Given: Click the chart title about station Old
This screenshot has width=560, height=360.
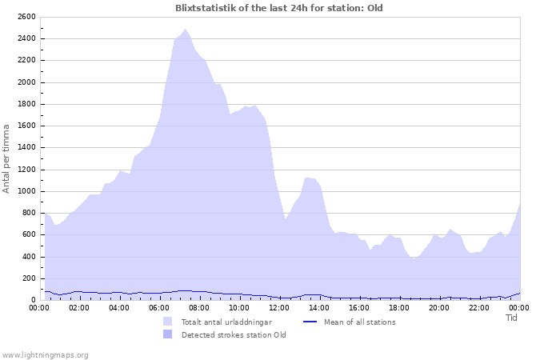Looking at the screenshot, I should pyautogui.click(x=279, y=8).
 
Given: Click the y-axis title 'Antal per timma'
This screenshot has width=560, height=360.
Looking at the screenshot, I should pyautogui.click(x=7, y=158).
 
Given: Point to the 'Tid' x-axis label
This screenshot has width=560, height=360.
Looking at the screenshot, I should pyautogui.click(x=512, y=318).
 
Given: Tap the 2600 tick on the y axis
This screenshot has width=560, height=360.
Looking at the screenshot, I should pyautogui.click(x=26, y=17).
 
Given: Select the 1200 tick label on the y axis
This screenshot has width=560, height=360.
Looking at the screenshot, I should pyautogui.click(x=26, y=170).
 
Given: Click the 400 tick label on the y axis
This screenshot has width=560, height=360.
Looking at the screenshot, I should pyautogui.click(x=29, y=257).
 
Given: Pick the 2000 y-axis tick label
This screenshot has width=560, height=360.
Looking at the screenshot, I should pyautogui.click(x=26, y=82).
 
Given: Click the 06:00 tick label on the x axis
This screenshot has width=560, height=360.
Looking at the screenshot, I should pyautogui.click(x=159, y=307).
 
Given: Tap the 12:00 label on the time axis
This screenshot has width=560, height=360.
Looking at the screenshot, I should pyautogui.click(x=279, y=307).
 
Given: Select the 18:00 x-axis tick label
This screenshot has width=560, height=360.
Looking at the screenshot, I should pyautogui.click(x=399, y=307).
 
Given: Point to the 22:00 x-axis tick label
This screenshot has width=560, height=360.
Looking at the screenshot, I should pyautogui.click(x=479, y=307).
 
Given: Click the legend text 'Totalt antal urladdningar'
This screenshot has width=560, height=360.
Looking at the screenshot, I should pyautogui.click(x=226, y=322).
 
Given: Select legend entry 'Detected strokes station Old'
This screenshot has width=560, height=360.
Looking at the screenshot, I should pyautogui.click(x=234, y=335).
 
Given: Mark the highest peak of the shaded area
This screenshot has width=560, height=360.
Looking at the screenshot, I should pyautogui.click(x=185, y=30).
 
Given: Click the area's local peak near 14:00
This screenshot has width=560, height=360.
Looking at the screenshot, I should pyautogui.click(x=306, y=178).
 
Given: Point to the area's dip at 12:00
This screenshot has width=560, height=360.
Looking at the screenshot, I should pyautogui.click(x=285, y=218).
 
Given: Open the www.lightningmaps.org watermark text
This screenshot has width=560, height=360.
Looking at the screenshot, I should pyautogui.click(x=46, y=354).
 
